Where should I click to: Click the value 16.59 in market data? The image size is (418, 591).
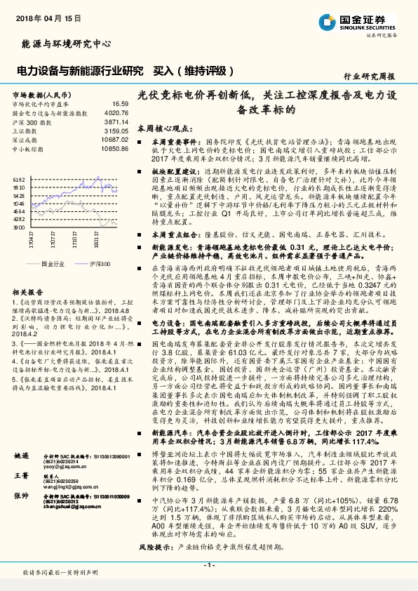120,103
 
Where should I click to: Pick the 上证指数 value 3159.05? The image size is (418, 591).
116,131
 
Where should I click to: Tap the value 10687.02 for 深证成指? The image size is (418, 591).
114,140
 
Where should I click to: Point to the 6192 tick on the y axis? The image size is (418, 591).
19,180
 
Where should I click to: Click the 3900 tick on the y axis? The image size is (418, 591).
19,227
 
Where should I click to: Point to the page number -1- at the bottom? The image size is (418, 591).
208,564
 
